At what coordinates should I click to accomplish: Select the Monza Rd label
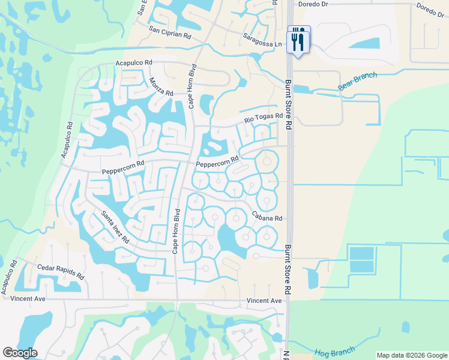coord(161,88)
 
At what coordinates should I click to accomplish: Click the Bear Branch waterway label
coord(357,82)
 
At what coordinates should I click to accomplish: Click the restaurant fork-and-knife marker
coord(298,40)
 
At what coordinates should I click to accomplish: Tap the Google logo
coord(20,353)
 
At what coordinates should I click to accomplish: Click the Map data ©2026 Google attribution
coord(411,355)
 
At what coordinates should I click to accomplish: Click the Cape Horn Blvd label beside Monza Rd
coord(192,85)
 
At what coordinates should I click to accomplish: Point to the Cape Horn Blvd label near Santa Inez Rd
coord(177,231)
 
